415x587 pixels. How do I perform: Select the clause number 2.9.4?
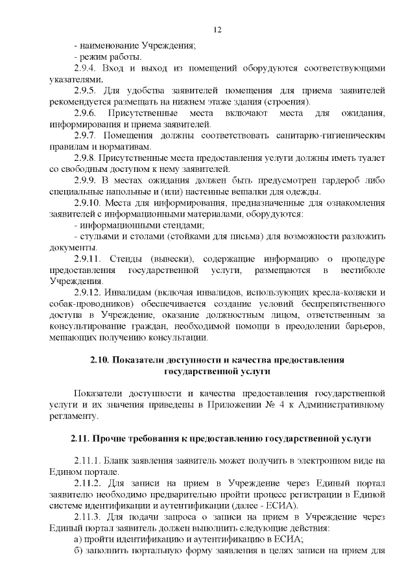coord(86,68)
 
